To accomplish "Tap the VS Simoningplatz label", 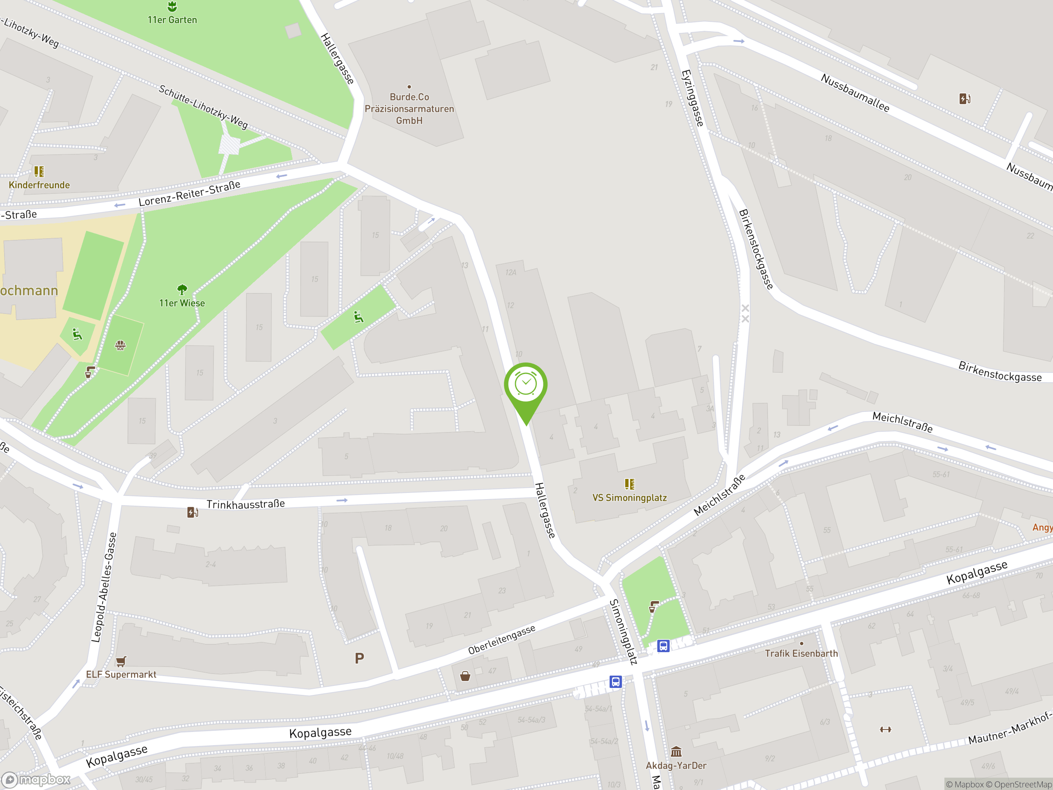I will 629,497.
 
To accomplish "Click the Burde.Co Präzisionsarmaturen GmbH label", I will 409,109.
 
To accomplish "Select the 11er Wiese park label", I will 182,303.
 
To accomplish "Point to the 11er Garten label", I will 172,19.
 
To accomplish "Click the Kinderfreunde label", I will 39,185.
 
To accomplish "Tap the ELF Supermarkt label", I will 121,674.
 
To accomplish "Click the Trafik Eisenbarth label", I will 801,653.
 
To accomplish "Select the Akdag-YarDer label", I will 676,765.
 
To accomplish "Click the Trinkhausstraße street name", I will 246,504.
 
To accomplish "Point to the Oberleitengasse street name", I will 502,639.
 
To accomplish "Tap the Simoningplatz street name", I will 623,632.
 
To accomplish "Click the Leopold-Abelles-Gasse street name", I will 104,587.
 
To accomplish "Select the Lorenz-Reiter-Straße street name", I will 190,193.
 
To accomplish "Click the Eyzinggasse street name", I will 692,98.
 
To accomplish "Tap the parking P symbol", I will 360,658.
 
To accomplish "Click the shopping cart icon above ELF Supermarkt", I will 121,661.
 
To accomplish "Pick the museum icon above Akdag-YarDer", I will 676,751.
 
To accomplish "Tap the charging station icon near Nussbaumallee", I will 965,99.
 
